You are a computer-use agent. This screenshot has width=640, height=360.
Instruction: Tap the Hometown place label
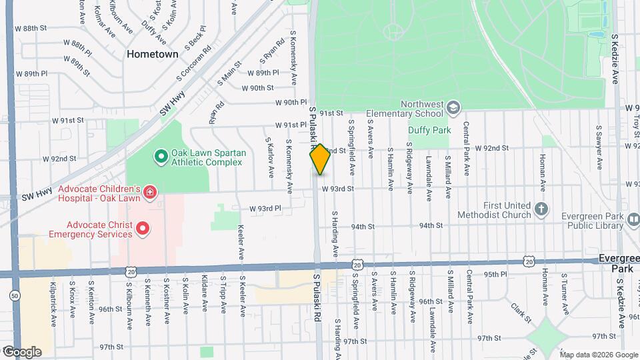tap(153, 54)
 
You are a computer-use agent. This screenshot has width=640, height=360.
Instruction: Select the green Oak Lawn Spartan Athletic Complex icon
tap(161, 157)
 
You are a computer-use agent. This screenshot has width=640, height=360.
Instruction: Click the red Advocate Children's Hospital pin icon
tap(150, 193)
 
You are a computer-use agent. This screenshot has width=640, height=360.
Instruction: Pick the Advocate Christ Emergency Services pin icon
tap(142, 229)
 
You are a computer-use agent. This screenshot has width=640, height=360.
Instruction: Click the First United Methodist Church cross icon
tap(541, 209)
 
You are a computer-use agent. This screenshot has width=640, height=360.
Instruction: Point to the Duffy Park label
tap(431, 131)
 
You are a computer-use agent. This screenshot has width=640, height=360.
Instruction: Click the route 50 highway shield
tap(15, 295)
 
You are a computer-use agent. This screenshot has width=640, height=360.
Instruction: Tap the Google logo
tap(21, 351)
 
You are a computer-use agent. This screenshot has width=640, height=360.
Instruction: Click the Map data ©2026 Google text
tap(598, 354)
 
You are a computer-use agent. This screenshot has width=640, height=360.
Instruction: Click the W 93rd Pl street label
tap(265, 209)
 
